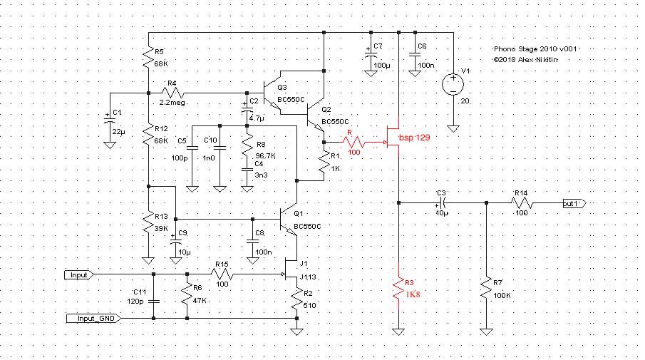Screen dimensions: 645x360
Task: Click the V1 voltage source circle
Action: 453,84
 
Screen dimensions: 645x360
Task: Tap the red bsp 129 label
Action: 414,138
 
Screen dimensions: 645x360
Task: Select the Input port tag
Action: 79,275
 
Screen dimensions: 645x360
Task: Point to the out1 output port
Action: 574,203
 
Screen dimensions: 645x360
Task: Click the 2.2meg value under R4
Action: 172,103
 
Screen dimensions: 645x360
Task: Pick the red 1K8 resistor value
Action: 413,294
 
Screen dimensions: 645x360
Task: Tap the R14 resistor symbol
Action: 522,203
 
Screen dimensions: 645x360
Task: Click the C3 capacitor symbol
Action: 442,203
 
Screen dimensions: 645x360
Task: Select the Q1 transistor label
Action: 298,214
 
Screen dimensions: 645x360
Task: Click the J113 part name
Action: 308,277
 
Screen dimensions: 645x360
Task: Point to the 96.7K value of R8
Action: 265,156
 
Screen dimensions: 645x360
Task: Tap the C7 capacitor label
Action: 378,46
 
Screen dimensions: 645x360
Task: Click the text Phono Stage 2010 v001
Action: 535,49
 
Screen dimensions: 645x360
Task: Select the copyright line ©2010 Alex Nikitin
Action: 526,60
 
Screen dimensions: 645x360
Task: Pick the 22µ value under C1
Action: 118,132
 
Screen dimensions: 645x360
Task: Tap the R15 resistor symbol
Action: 222,274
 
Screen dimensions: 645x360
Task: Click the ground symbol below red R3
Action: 398,331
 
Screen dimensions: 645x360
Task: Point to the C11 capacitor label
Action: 140,292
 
